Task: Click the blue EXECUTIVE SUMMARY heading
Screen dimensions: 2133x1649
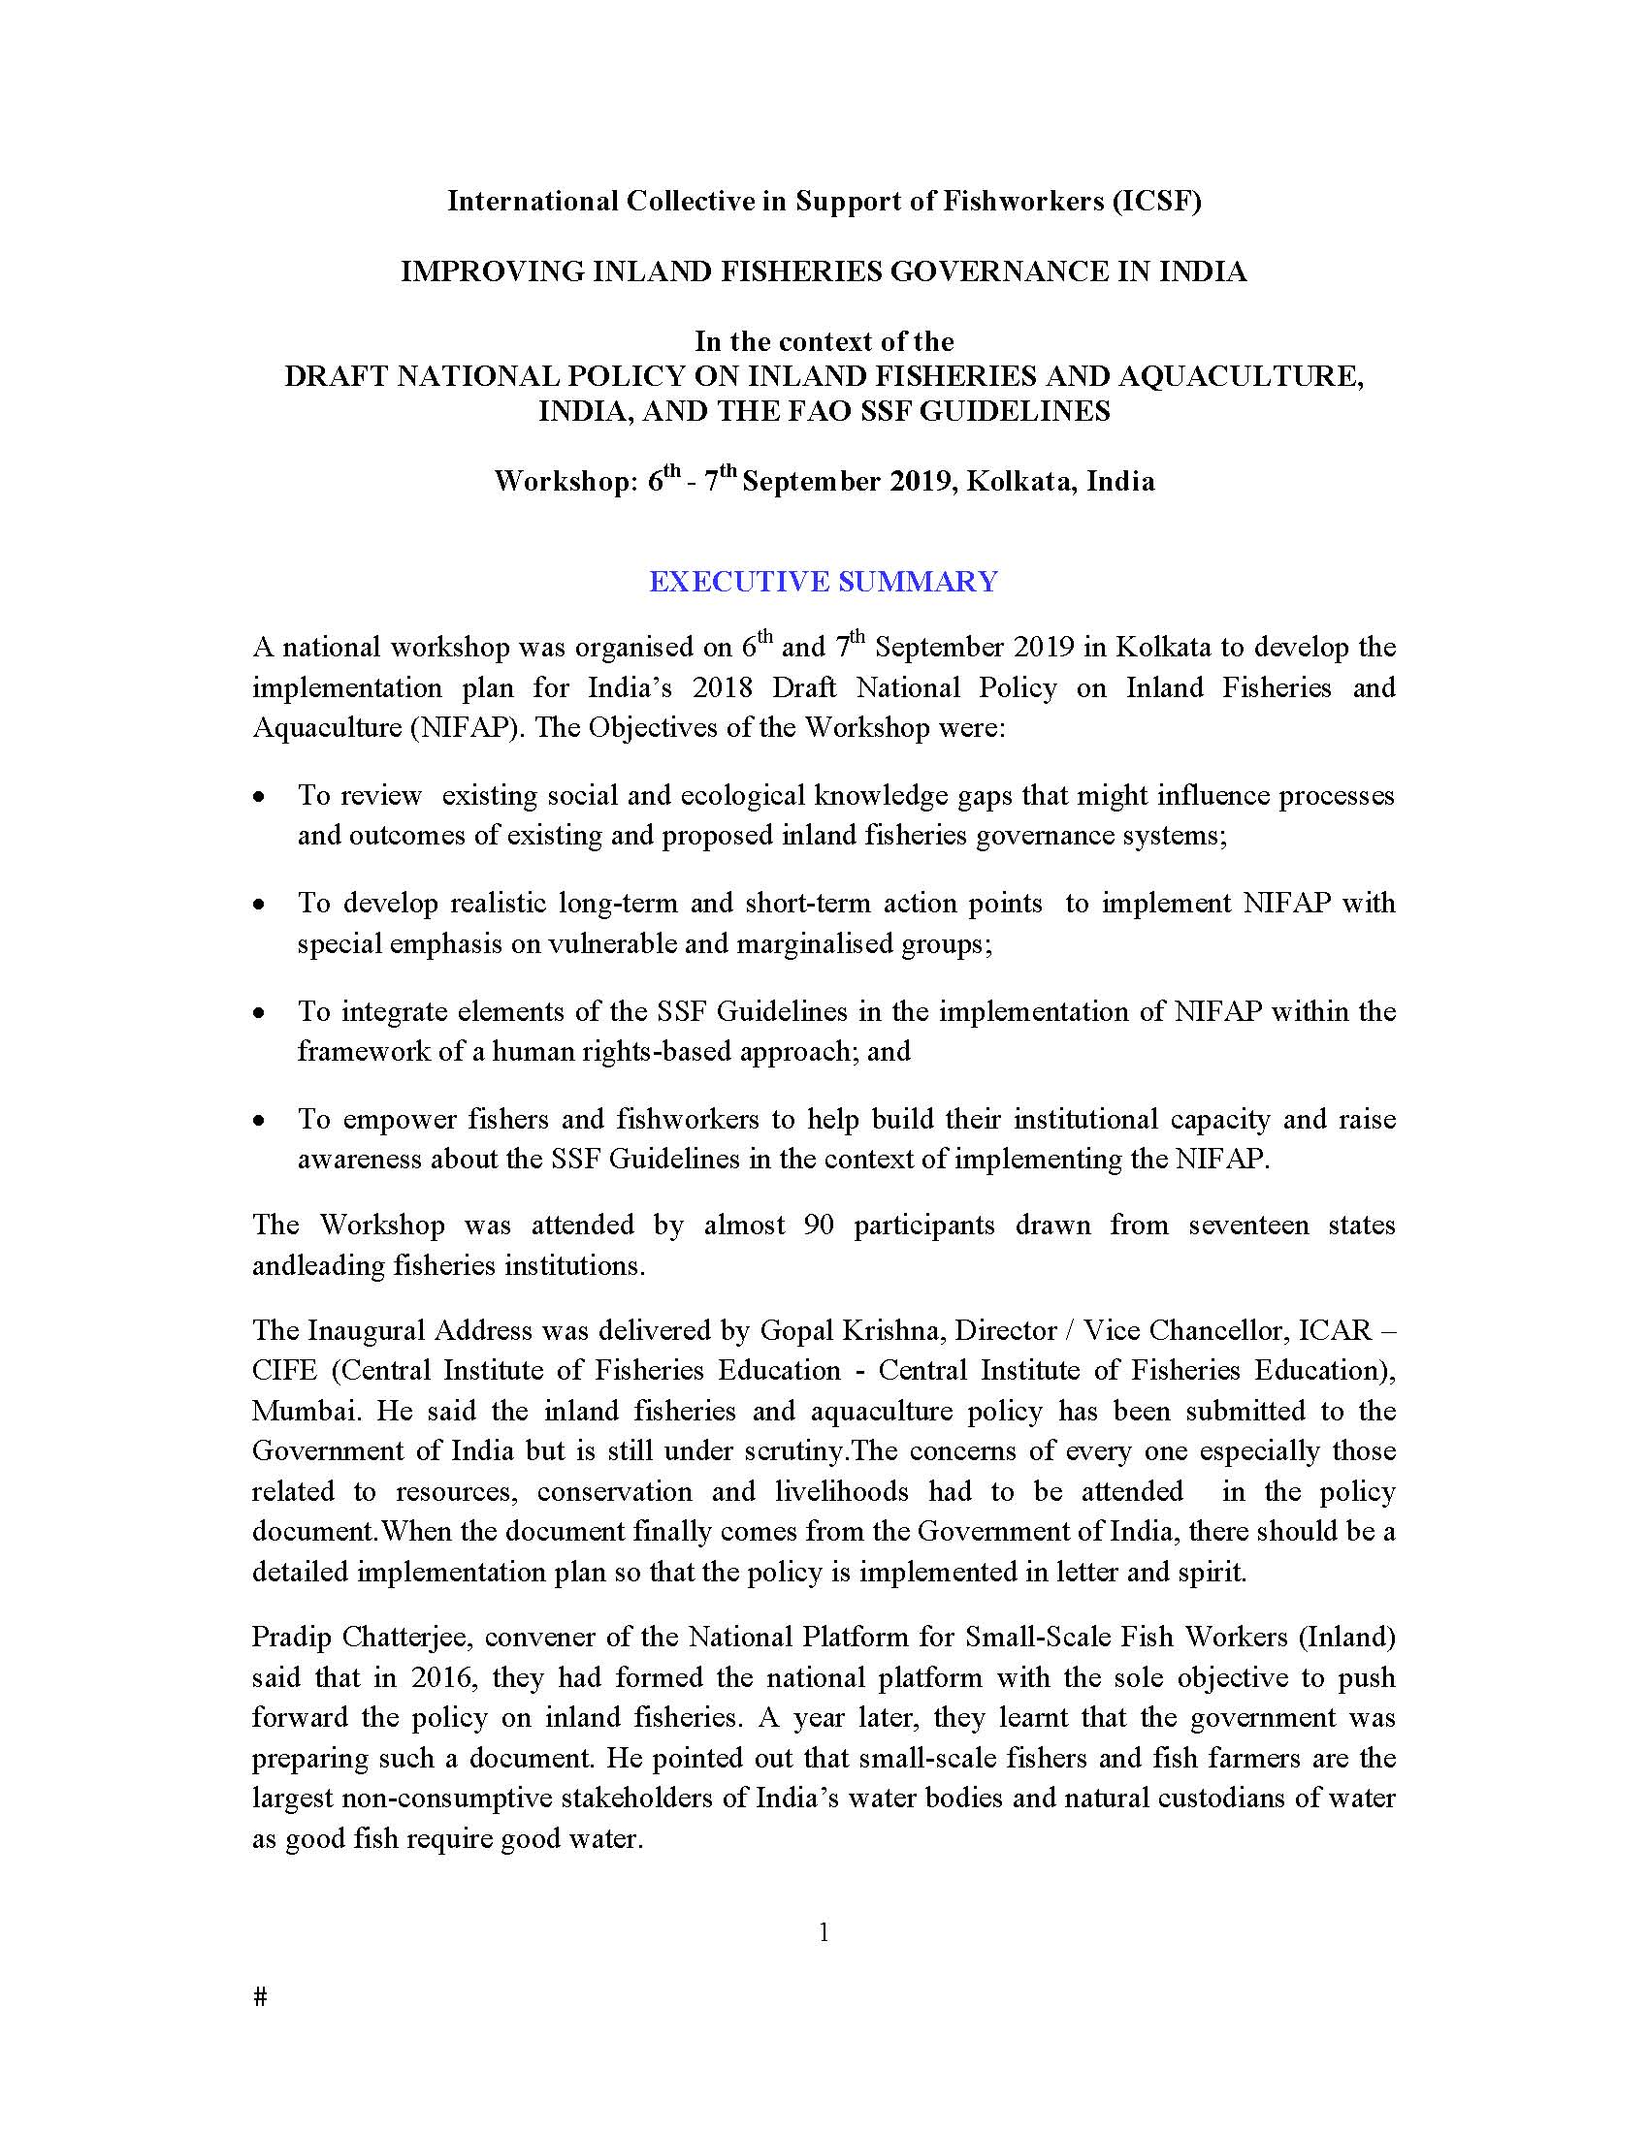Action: coord(824,582)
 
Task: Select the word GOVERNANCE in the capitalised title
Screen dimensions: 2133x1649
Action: coord(999,271)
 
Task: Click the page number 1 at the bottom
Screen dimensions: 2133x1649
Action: coord(824,1931)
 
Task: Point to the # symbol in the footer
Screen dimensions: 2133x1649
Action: coord(260,1997)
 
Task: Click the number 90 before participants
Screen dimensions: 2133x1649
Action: coord(819,1226)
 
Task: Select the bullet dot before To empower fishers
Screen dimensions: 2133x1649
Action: coord(259,1121)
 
